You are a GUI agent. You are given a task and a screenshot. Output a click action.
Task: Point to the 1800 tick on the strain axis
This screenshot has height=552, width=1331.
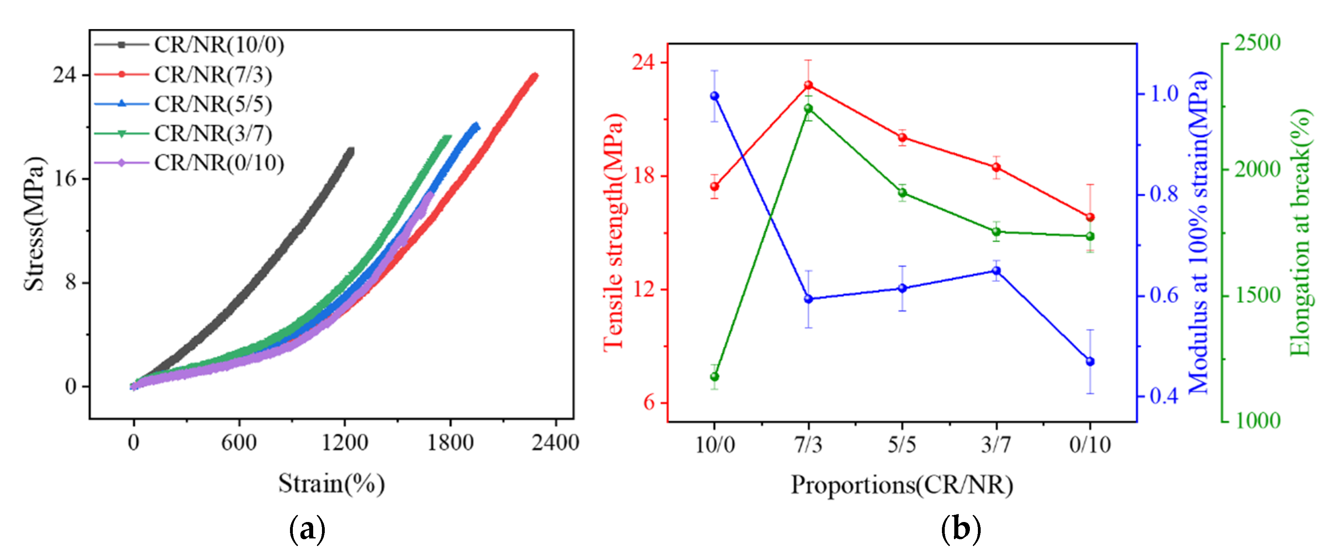450,442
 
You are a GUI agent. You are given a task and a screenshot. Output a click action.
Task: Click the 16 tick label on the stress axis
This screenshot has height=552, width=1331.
65,179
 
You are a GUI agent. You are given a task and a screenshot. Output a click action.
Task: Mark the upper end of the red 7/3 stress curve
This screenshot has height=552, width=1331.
535,76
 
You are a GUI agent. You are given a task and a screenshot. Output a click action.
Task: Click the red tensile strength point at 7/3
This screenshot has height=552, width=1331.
809,85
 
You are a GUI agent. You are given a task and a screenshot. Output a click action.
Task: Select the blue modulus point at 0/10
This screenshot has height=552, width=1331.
1090,362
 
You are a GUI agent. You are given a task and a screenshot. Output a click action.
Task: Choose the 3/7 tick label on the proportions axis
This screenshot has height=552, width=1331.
996,444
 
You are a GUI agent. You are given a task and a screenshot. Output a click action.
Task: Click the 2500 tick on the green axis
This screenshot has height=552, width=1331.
1257,44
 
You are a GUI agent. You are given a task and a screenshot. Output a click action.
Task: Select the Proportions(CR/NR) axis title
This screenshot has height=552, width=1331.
902,485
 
